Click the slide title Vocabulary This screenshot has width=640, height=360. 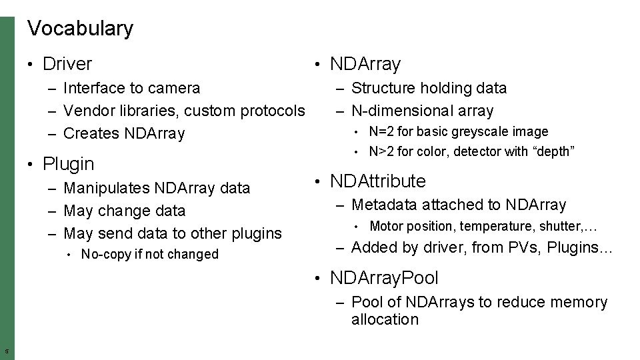click(80, 29)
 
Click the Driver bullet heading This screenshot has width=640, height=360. click(67, 64)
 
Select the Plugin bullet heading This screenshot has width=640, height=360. click(68, 163)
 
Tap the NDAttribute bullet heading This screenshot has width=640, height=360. click(377, 181)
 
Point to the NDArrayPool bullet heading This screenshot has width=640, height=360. click(384, 277)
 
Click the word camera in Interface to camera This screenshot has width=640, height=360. click(174, 88)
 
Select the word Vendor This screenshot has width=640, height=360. click(87, 111)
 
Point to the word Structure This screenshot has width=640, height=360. click(382, 88)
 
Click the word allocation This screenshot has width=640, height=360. click(385, 319)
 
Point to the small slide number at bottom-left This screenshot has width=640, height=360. click(6, 351)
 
